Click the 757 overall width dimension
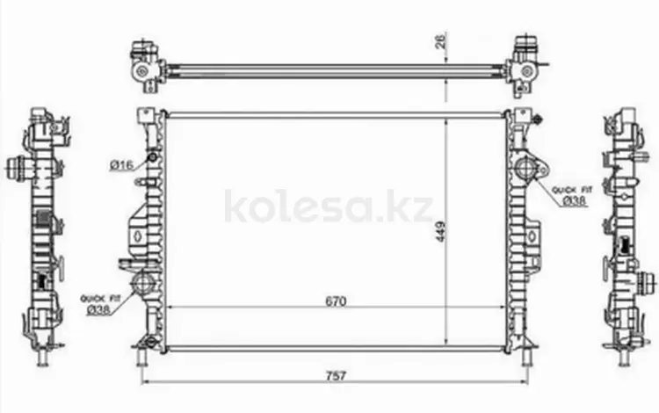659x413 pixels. click(336, 374)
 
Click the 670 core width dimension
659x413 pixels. click(336, 301)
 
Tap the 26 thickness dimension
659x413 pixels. click(441, 42)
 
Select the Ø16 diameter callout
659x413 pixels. click(121, 165)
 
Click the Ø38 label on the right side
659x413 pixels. click(574, 201)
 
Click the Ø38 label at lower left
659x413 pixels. click(98, 310)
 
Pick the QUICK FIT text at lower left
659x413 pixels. click(100, 298)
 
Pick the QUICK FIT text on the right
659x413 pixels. click(572, 190)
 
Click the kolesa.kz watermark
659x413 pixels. click(329, 206)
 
